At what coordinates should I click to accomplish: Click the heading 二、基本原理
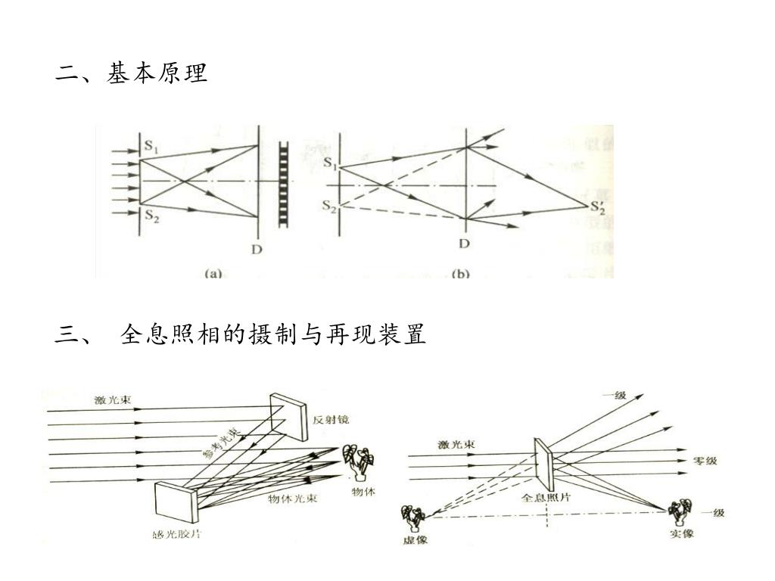click(131, 73)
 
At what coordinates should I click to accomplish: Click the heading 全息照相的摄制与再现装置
click(272, 334)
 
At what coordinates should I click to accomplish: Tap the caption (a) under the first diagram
click(213, 273)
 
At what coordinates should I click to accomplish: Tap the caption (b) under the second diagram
click(460, 273)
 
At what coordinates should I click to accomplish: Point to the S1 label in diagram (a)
click(151, 144)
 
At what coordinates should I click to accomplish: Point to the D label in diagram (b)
click(464, 243)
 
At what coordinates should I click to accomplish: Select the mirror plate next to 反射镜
click(289, 416)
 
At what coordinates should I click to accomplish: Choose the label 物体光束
click(292, 499)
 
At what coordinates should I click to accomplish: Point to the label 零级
click(705, 461)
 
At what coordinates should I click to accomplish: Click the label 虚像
click(416, 539)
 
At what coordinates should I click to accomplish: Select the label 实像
click(681, 533)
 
